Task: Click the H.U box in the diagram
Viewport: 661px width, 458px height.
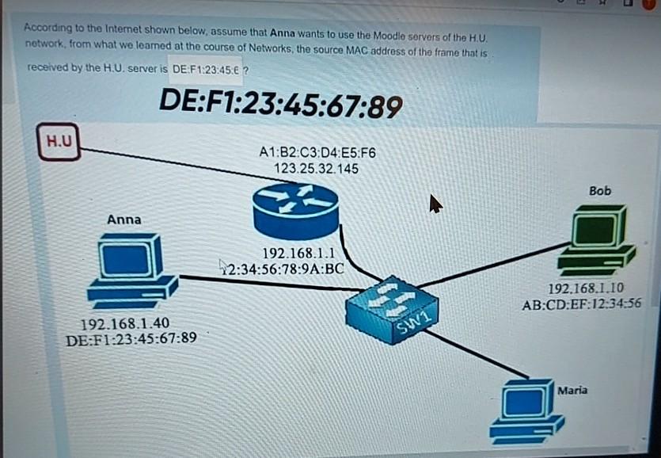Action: pos(59,143)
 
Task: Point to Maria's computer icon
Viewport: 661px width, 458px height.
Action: pos(525,410)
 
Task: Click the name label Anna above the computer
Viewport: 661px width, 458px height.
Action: pos(124,219)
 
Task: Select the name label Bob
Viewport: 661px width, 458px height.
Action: pos(600,191)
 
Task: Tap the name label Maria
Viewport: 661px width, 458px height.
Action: pos(572,391)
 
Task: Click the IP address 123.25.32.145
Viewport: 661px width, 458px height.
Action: pos(316,169)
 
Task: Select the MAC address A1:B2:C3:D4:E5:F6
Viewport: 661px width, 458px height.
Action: pos(317,153)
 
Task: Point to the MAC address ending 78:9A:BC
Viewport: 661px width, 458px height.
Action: pos(285,268)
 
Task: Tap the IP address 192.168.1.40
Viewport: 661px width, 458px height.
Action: pos(124,323)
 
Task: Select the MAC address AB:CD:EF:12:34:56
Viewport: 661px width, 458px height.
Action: pos(581,303)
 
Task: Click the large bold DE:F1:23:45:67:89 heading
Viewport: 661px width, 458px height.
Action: pos(280,103)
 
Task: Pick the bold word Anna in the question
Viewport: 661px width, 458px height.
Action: pos(281,34)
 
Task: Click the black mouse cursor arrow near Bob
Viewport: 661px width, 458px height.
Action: pos(435,204)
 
